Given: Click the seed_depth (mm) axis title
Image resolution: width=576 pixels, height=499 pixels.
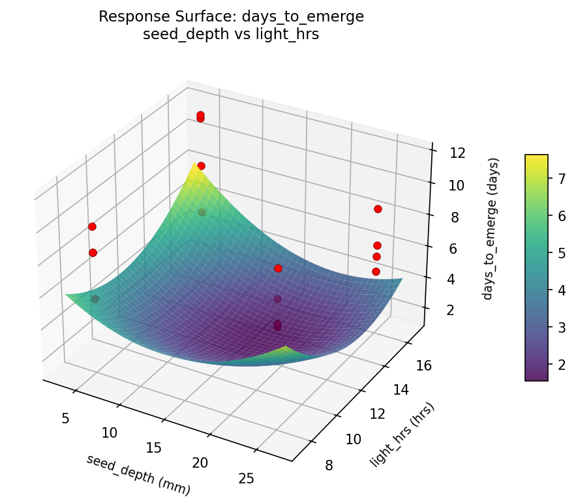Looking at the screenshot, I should [x=138, y=473].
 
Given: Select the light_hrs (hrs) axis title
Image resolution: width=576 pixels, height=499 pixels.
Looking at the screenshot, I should [x=402, y=435].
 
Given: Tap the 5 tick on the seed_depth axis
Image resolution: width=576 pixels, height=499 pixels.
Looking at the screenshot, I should [x=65, y=417].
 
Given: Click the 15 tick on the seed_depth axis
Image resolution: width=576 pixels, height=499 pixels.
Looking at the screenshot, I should [x=153, y=447].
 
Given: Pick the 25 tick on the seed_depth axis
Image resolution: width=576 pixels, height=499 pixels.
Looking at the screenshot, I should [x=246, y=479].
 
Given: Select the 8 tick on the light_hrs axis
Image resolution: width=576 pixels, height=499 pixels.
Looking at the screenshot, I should [x=333, y=465].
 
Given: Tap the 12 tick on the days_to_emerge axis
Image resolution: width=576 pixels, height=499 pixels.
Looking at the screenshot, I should [x=457, y=153].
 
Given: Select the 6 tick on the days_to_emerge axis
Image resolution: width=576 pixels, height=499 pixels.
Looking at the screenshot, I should [x=455, y=248].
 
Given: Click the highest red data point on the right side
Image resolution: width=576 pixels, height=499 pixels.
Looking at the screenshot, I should [x=378, y=209].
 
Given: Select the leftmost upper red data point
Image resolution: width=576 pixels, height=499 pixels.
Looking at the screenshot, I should [x=92, y=226].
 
